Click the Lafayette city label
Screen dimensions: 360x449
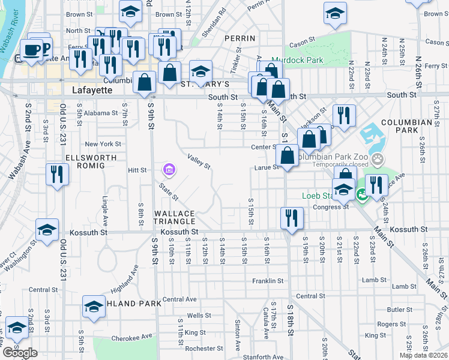click(x=92, y=90)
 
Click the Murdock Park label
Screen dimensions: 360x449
click(x=297, y=60)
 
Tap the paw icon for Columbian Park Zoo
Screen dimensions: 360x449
click(x=377, y=160)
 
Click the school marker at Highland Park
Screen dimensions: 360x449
click(x=94, y=307)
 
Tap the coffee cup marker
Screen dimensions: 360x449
click(x=31, y=49)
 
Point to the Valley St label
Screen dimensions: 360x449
click(x=199, y=160)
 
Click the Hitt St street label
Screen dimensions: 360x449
click(x=137, y=170)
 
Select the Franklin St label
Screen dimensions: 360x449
click(x=267, y=281)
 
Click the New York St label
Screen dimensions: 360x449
click(x=103, y=144)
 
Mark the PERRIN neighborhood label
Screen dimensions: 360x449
click(x=236, y=38)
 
